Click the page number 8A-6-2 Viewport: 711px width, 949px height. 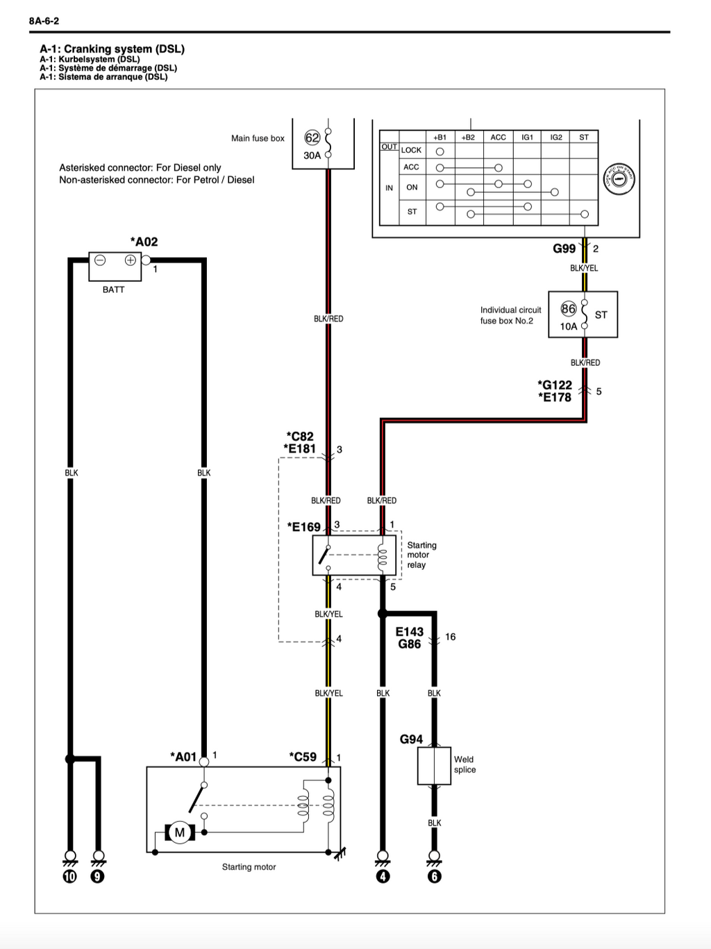44,22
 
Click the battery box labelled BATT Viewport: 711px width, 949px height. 115,267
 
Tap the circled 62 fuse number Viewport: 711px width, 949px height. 312,138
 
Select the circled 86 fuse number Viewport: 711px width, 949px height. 569,309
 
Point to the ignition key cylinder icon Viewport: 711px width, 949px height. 619,178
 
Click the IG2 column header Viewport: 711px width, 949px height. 556,137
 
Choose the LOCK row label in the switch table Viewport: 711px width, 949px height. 411,150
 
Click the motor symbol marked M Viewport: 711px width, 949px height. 179,832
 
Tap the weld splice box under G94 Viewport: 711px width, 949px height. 434,766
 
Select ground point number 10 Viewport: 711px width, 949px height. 70,876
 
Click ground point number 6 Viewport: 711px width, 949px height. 435,876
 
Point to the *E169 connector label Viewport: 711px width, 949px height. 304,527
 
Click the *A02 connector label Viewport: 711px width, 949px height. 144,242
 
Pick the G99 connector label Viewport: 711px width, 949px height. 564,249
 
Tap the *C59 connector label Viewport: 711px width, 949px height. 303,757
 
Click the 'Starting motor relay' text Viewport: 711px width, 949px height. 422,555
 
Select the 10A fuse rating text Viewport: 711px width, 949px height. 569,326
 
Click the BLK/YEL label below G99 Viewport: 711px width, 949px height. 584,268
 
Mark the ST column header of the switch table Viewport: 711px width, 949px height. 584,137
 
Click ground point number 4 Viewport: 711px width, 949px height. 383,876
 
